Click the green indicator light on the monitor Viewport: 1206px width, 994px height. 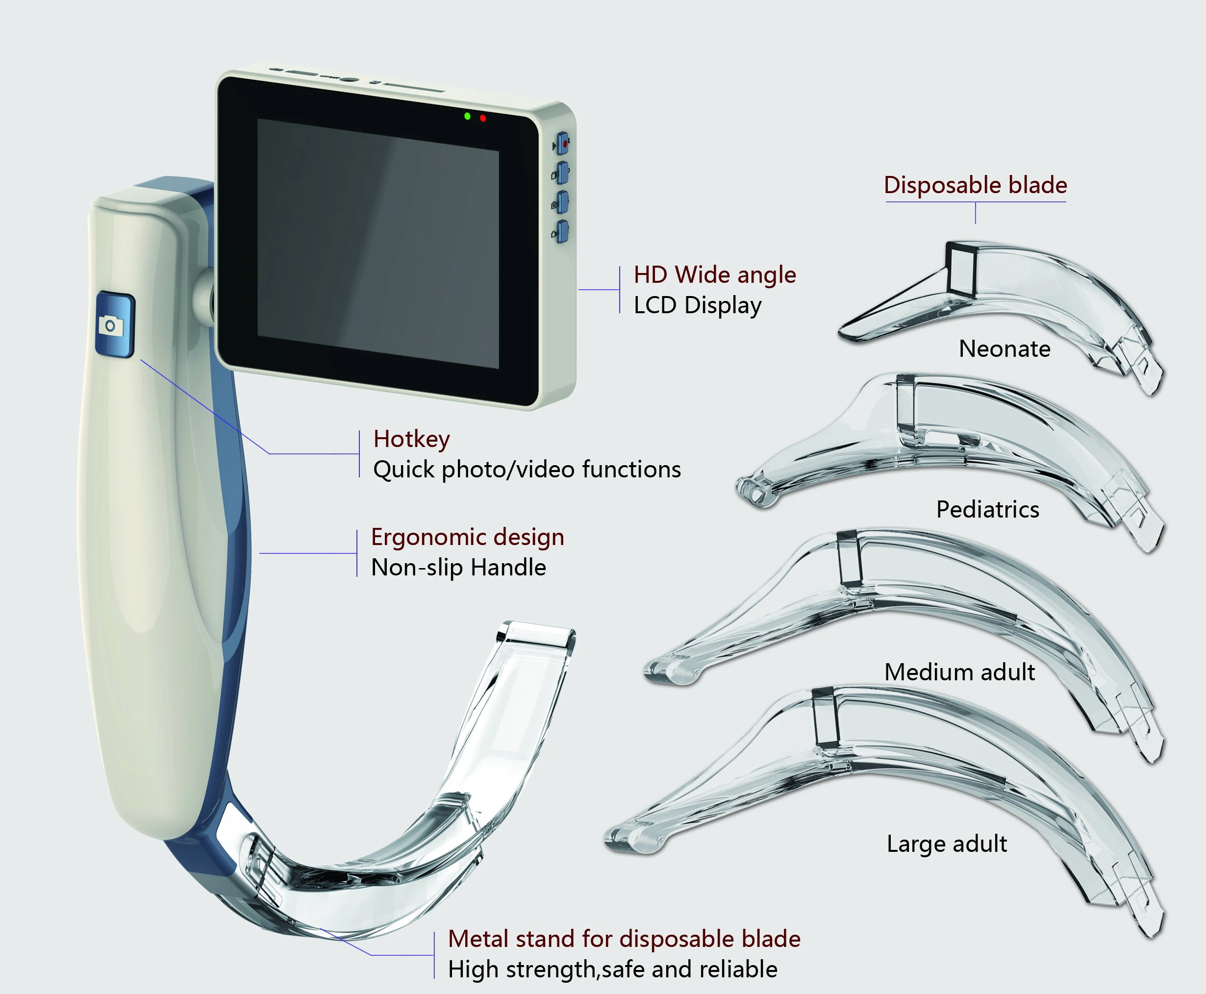[x=467, y=116]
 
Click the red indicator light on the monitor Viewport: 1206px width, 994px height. [x=483, y=119]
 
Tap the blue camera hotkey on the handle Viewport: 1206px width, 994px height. [x=115, y=324]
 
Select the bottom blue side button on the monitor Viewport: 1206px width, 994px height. [x=562, y=231]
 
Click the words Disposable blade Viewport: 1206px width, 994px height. [x=975, y=185]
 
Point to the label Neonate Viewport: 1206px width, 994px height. [x=1005, y=348]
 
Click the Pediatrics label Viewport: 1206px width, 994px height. [x=987, y=509]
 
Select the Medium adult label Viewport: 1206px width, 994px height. [x=959, y=671]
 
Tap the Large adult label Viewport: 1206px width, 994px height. [x=947, y=844]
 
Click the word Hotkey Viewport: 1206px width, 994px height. [x=411, y=439]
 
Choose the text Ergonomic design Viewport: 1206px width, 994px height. [x=467, y=537]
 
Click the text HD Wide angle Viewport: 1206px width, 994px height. [x=715, y=275]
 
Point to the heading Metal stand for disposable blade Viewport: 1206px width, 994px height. [x=624, y=939]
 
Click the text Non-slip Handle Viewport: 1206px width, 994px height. [x=458, y=568]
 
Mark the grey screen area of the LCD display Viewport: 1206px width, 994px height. [x=378, y=243]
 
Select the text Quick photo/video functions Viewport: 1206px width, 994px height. [x=527, y=470]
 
